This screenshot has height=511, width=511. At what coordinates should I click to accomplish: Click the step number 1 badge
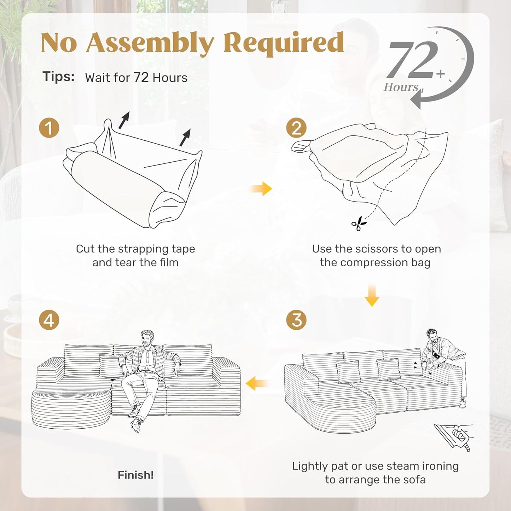(x=49, y=128)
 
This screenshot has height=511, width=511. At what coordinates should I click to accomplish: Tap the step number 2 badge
(x=296, y=128)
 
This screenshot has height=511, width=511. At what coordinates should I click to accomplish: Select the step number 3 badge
(x=296, y=320)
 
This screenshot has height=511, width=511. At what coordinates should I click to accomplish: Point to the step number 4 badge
(x=49, y=320)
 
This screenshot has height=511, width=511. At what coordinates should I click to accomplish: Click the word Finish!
(x=135, y=475)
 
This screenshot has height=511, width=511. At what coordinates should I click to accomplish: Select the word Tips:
(x=59, y=77)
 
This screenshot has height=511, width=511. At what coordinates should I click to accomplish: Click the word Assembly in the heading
(x=150, y=43)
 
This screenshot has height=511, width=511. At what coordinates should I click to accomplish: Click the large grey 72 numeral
(x=412, y=60)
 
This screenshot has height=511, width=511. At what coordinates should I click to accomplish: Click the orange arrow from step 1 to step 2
(x=261, y=189)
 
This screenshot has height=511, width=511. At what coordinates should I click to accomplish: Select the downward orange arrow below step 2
(x=372, y=295)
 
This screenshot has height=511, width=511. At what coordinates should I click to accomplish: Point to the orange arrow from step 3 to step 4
(x=257, y=383)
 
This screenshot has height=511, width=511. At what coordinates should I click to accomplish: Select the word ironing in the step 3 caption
(x=440, y=466)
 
